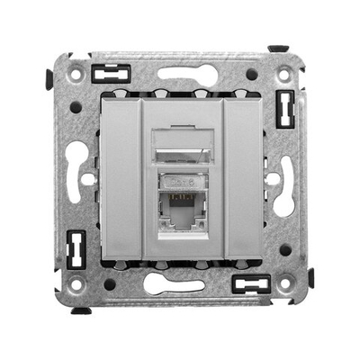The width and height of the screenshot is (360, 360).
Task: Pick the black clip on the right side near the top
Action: [285, 107]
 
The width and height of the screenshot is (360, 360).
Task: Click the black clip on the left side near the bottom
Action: [76, 247]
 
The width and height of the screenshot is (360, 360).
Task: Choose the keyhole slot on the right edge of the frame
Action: [285, 176]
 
